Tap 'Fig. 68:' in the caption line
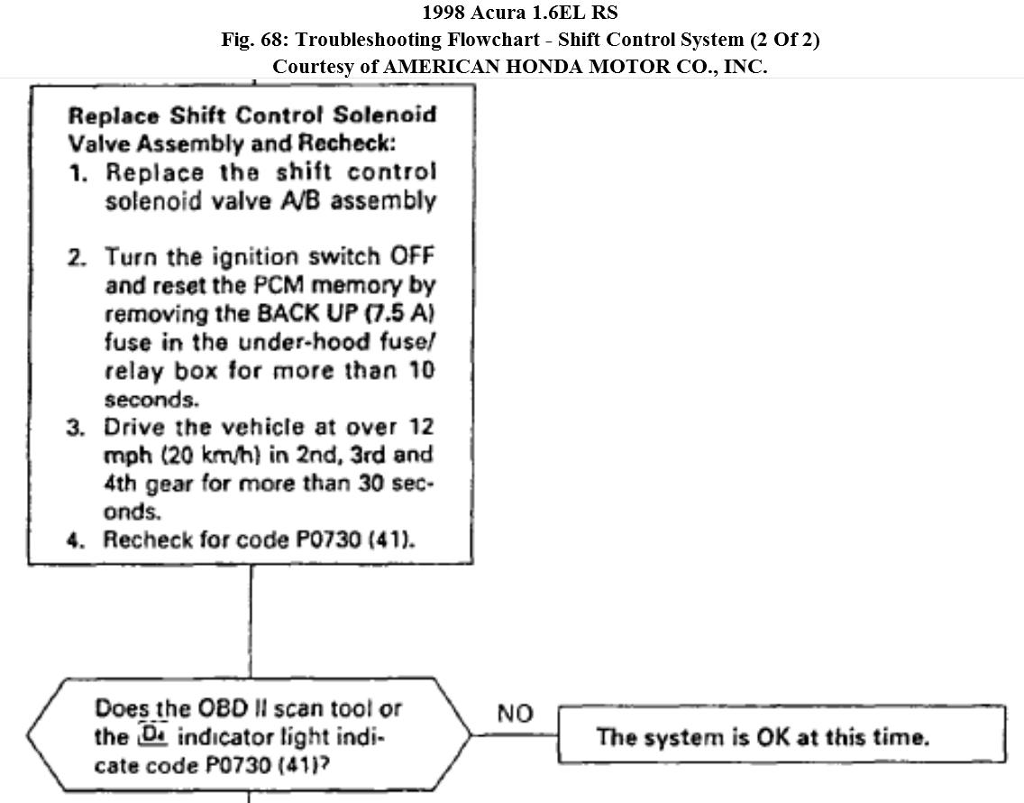(255, 40)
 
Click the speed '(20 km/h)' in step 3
(193, 455)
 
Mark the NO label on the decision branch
(515, 714)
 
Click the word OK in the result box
(775, 737)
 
